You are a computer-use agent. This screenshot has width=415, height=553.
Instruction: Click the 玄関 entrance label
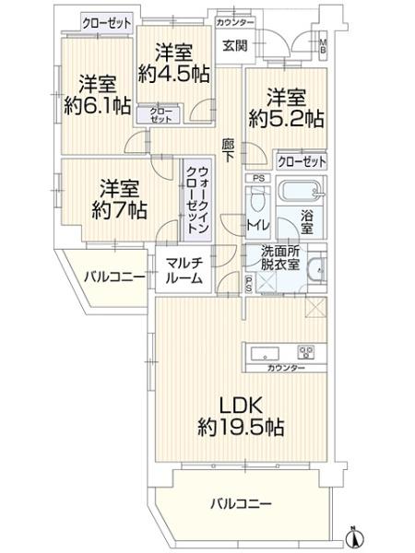point(234,45)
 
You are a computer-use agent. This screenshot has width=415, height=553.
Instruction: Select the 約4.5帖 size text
point(174,74)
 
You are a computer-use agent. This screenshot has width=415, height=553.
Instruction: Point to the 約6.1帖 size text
point(98,105)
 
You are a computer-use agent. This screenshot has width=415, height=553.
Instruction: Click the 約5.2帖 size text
point(286,119)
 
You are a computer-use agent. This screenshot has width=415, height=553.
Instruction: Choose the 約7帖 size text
point(119,210)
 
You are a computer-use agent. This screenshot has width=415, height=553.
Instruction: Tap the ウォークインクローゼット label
point(198,200)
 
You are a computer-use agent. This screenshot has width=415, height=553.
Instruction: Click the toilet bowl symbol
point(256,201)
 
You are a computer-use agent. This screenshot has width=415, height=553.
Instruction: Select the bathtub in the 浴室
point(302,193)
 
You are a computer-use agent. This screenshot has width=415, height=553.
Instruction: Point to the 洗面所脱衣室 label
point(280,258)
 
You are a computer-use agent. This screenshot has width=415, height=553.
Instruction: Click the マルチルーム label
point(184,271)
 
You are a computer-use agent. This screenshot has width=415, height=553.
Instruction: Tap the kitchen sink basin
point(265,353)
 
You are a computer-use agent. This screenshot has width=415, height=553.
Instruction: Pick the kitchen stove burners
point(306,353)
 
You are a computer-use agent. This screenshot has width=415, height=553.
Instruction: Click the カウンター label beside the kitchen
point(286,368)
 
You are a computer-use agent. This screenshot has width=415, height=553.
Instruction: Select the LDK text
point(242,406)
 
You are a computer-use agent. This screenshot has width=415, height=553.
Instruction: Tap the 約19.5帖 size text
point(241,428)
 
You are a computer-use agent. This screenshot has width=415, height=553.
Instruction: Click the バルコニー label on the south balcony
point(242,504)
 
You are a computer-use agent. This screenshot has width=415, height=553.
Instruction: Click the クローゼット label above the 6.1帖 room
point(107,24)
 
